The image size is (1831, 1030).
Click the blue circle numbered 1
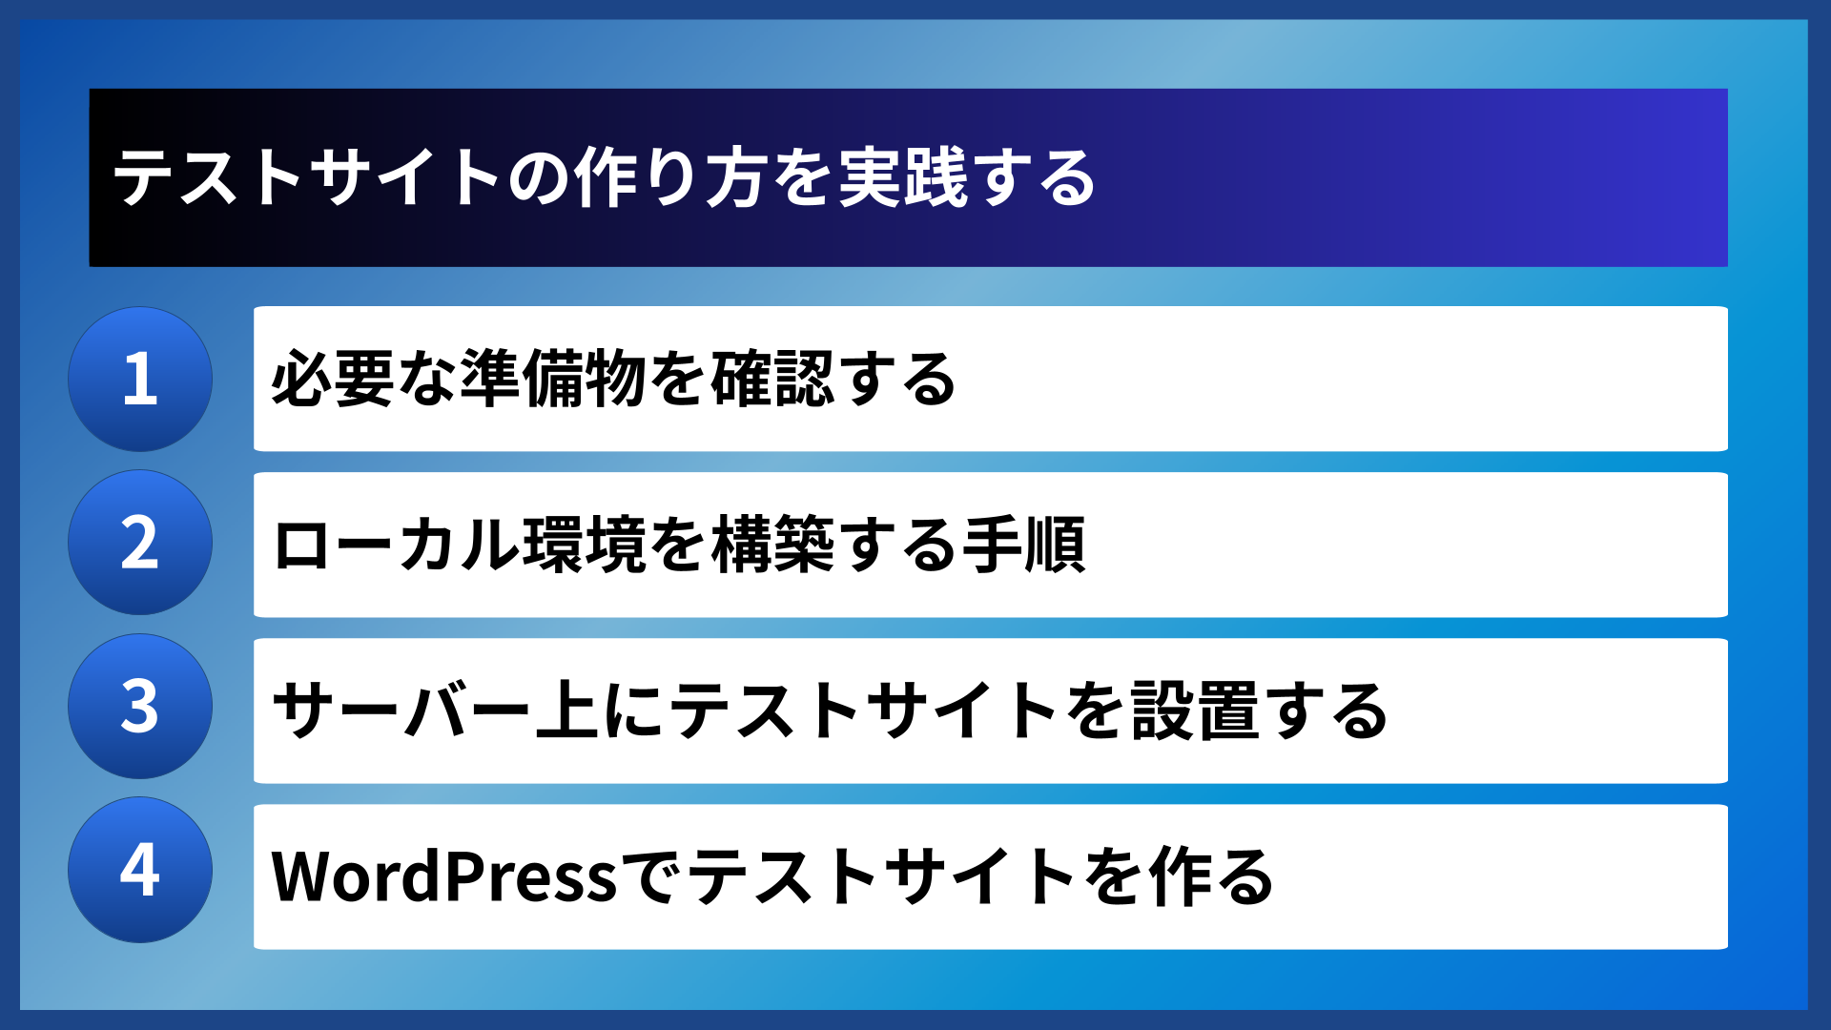[x=140, y=379]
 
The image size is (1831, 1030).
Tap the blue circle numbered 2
[x=140, y=543]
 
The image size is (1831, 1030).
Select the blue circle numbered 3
[x=140, y=707]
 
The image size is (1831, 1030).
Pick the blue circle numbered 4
[x=140, y=870]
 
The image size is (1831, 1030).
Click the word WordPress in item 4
[x=444, y=876]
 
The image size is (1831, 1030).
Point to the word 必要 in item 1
[x=333, y=380]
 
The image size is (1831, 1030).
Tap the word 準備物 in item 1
[x=553, y=380]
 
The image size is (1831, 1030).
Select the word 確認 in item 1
[x=772, y=380]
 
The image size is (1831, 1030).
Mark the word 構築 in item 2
[x=772, y=546]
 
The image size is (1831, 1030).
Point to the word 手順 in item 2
[x=1024, y=546]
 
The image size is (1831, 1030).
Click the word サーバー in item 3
[x=401, y=711]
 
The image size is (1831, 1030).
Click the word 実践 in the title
[x=902, y=178]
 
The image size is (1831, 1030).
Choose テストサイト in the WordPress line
[x=883, y=876]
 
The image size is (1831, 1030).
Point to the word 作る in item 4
[x=1211, y=876]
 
